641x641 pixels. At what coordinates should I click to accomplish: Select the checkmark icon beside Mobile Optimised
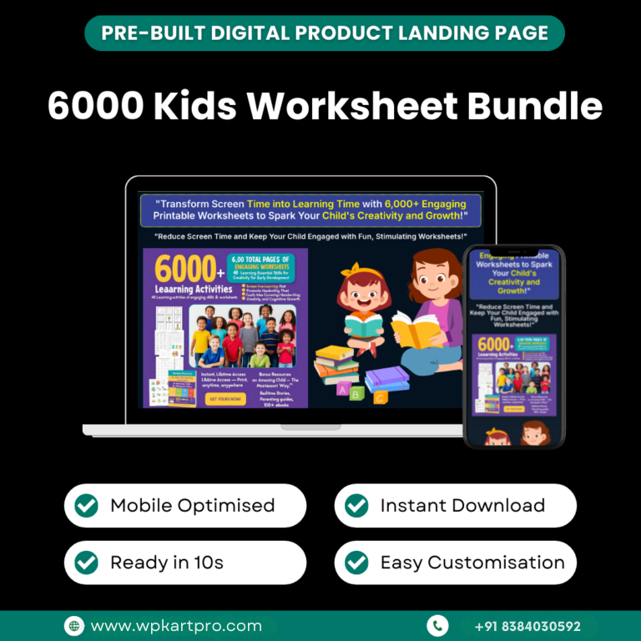[x=86, y=506]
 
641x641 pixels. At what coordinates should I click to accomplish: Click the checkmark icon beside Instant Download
[x=356, y=506]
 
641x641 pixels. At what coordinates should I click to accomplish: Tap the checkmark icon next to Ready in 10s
[x=86, y=563]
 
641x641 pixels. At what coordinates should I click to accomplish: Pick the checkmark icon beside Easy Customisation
[x=356, y=563]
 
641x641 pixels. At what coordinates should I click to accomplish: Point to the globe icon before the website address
[x=74, y=625]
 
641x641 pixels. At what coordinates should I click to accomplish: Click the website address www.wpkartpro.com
[x=175, y=625]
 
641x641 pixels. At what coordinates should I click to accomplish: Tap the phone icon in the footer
[x=437, y=625]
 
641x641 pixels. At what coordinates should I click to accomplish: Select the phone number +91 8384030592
[x=527, y=625]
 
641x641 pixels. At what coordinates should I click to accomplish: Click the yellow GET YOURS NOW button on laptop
[x=225, y=398]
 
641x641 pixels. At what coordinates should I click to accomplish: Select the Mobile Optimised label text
[x=192, y=506]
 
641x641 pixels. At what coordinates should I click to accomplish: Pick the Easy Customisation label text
[x=472, y=563]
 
